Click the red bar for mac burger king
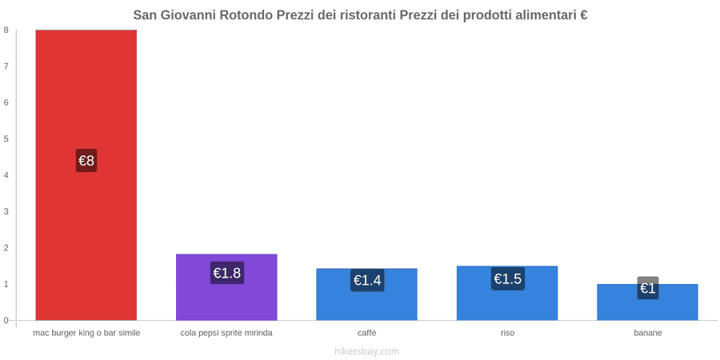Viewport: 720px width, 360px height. pyautogui.click(x=86, y=175)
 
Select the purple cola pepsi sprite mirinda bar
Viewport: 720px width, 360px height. pyautogui.click(x=227, y=287)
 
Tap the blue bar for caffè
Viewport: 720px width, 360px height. pyautogui.click(x=367, y=294)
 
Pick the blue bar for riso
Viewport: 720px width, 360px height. pyautogui.click(x=507, y=293)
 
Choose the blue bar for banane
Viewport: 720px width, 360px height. pyautogui.click(x=647, y=302)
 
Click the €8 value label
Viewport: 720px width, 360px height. pyautogui.click(x=86, y=161)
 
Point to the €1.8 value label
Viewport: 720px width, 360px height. pyautogui.click(x=227, y=273)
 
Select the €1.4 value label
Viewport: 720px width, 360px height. pyautogui.click(x=367, y=280)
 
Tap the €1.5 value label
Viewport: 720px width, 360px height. pyautogui.click(x=508, y=278)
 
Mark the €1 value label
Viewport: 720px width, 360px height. pyautogui.click(x=648, y=288)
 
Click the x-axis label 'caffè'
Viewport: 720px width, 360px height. pyautogui.click(x=367, y=333)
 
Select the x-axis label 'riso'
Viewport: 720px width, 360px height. pyautogui.click(x=507, y=333)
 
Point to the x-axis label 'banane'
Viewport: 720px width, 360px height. pyautogui.click(x=648, y=333)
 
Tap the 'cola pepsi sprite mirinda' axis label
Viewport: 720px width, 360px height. pyautogui.click(x=227, y=333)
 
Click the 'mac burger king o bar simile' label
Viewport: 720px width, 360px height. pyautogui.click(x=86, y=333)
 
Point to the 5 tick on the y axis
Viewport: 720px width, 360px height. pyautogui.click(x=6, y=138)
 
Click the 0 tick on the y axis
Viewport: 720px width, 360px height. pyautogui.click(x=6, y=321)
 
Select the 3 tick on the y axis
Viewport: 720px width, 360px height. pyautogui.click(x=6, y=212)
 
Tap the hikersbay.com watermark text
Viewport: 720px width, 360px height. pyautogui.click(x=367, y=351)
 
